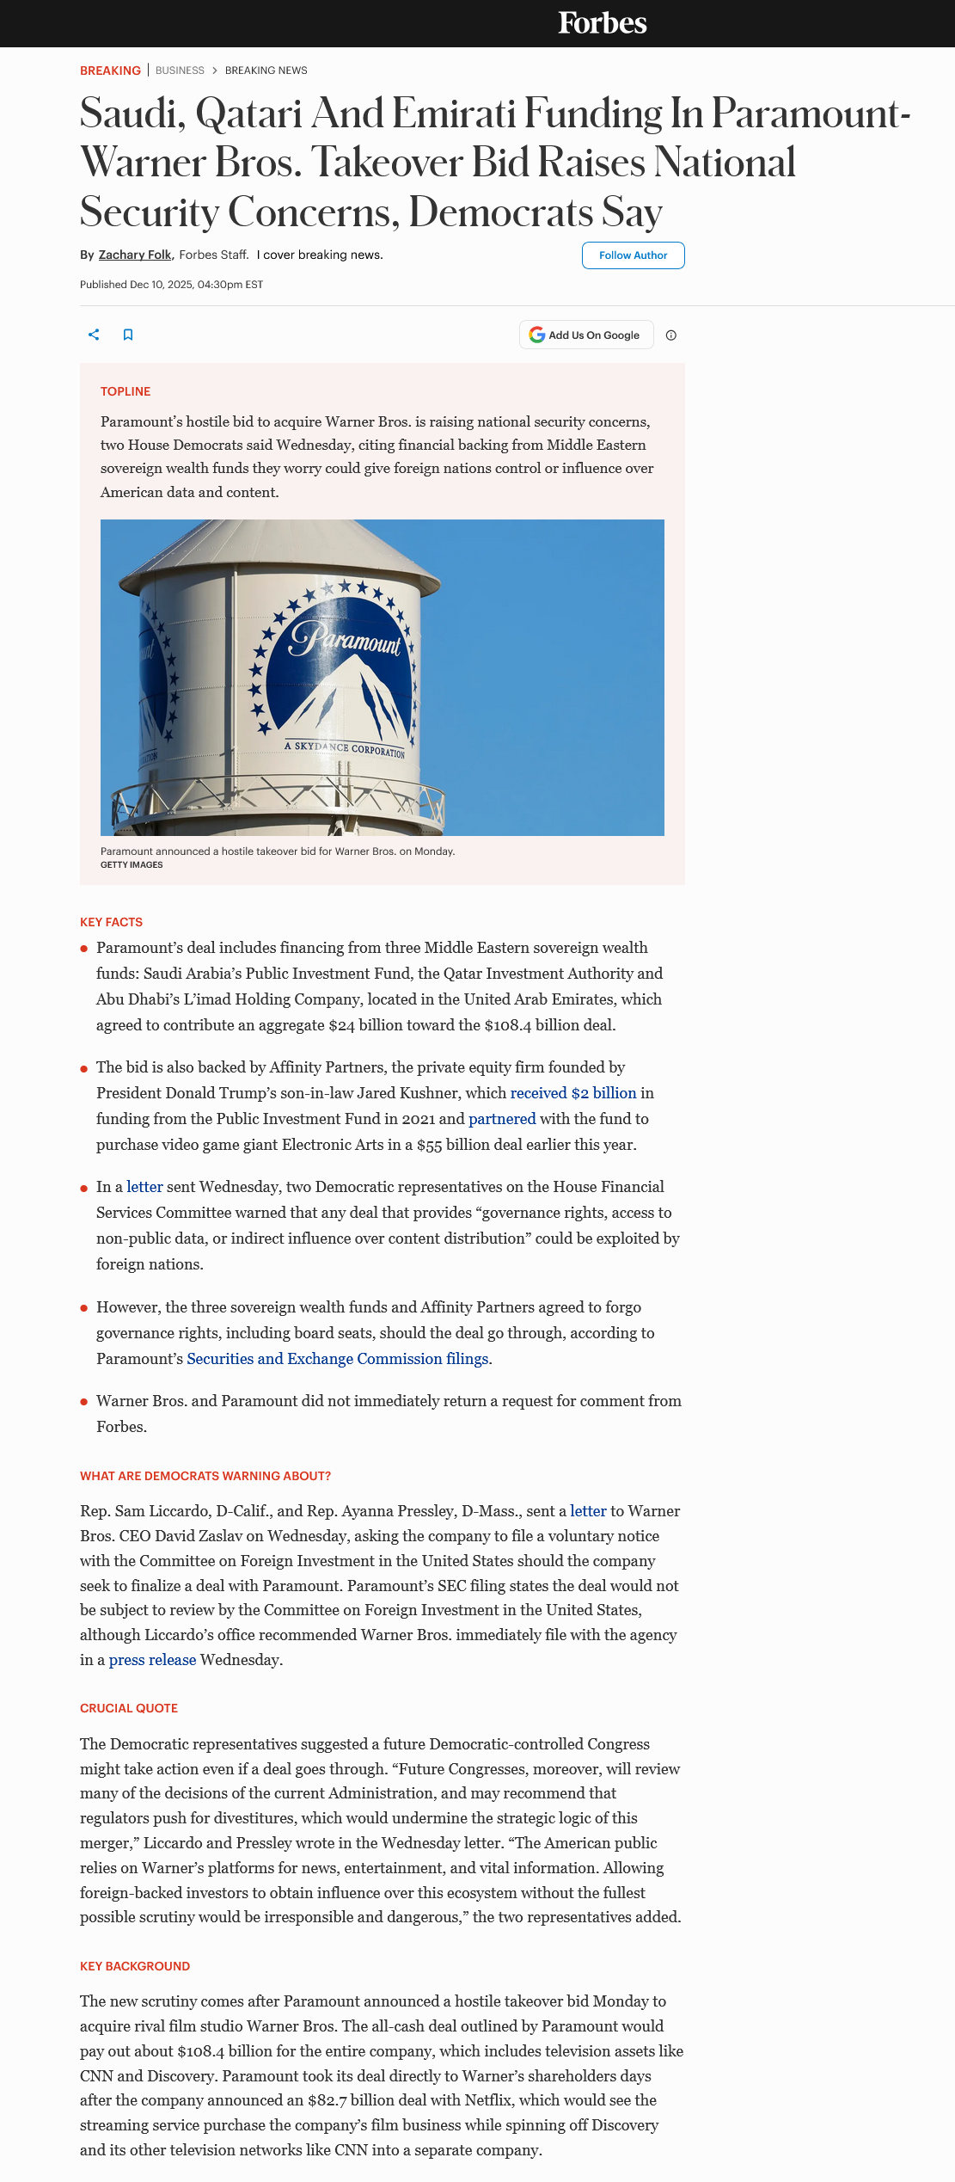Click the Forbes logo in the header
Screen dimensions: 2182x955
[x=602, y=23]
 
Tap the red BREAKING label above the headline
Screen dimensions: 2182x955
[x=110, y=71]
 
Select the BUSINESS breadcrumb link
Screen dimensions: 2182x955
[x=180, y=71]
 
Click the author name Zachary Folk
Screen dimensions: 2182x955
[x=135, y=255]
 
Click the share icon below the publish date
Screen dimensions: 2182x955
[x=94, y=335]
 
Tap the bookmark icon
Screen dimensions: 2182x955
[x=128, y=335]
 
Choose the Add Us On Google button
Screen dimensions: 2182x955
[x=585, y=335]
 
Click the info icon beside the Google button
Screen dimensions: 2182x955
[x=671, y=335]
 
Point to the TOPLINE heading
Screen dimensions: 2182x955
[x=125, y=391]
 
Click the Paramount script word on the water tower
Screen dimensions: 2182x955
[x=345, y=640]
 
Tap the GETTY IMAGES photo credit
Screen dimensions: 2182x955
[x=132, y=865]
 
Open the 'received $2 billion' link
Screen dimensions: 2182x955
[x=573, y=1093]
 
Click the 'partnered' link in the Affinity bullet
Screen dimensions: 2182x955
[x=502, y=1119]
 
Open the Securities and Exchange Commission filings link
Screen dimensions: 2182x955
[x=338, y=1359]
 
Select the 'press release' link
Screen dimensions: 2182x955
[x=152, y=1660]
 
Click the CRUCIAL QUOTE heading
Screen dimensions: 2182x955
[x=129, y=1708]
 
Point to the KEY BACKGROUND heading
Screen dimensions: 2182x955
[x=135, y=1966]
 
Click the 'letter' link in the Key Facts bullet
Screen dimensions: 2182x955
[x=144, y=1187]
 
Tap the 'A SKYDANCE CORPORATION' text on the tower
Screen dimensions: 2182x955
[x=345, y=748]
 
